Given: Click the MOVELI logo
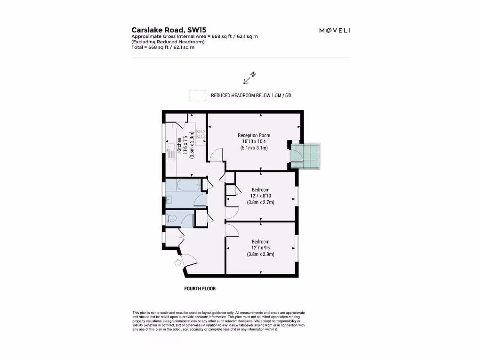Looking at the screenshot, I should [335, 31].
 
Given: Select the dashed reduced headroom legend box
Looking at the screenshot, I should [198, 95].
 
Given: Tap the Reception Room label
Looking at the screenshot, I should [254, 135].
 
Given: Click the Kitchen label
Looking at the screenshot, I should [179, 145].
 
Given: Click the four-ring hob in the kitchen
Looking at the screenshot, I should [201, 133].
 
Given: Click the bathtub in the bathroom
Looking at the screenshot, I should [184, 184].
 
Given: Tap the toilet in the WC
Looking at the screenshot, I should [171, 218].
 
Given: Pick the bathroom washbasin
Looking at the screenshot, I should [169, 199].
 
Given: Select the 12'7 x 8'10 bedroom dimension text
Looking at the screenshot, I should [260, 196].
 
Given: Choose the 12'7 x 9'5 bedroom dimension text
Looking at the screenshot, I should [260, 248].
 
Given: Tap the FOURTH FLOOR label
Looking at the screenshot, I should [200, 288].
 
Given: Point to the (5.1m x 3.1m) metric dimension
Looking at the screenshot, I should [254, 148].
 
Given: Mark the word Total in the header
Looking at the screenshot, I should [138, 47].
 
